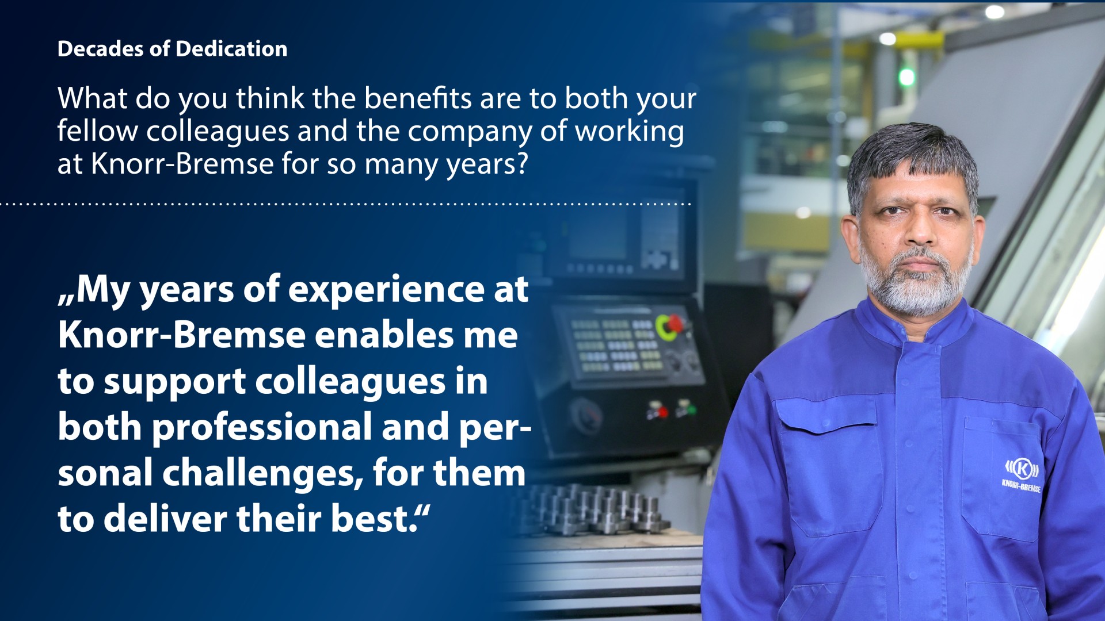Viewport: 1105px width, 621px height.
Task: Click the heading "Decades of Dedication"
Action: (173, 49)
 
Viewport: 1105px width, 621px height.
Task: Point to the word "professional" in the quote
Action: (262, 427)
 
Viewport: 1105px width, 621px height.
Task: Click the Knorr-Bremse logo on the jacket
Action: (1022, 475)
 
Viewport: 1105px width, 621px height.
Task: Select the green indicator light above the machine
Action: (906, 76)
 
